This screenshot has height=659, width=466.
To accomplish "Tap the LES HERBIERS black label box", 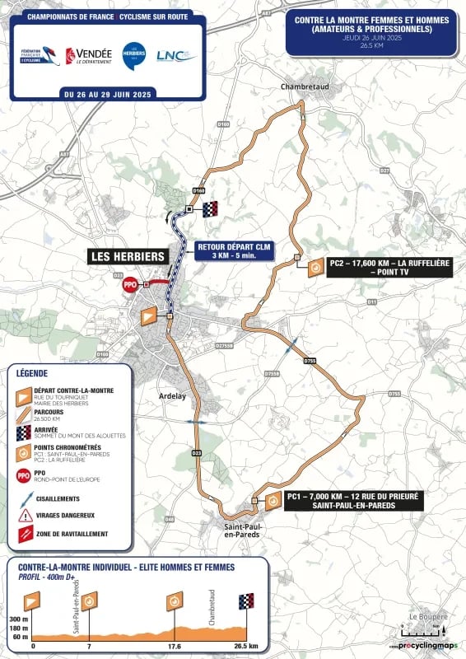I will pyautogui.click(x=128, y=257).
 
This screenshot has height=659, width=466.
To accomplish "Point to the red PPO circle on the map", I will pyautogui.click(x=129, y=284).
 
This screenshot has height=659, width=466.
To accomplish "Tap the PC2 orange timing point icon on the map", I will pyautogui.click(x=315, y=269).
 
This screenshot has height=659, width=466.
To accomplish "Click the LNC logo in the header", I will pyautogui.click(x=177, y=55).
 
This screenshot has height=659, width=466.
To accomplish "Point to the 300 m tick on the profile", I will pyautogui.click(x=19, y=618).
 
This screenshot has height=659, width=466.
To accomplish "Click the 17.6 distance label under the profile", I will pyautogui.click(x=175, y=647).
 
